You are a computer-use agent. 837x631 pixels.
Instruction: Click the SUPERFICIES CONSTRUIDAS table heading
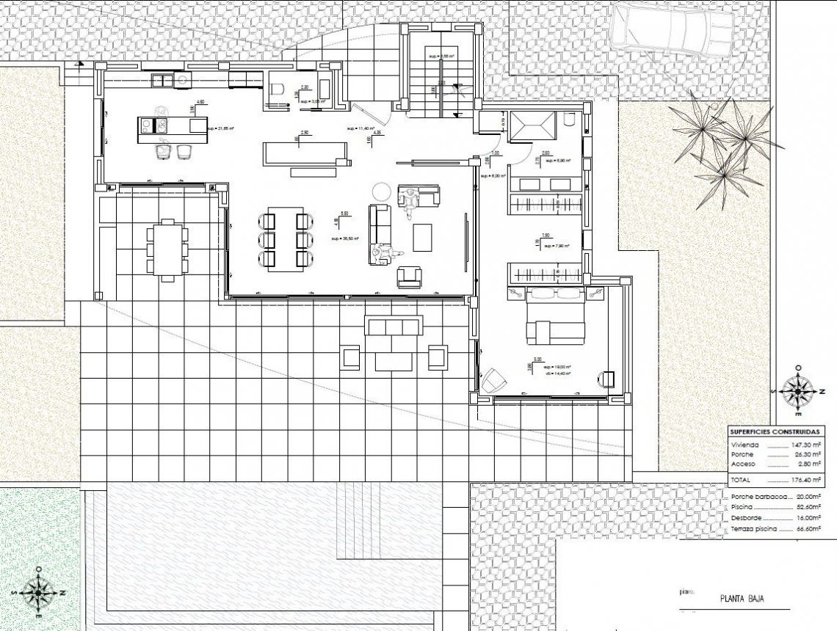(x=774, y=431)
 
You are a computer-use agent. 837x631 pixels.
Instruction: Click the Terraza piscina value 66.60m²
(x=808, y=528)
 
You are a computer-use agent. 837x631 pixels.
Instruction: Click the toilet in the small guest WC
(x=278, y=90)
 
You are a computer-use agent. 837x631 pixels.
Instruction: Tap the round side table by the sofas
(x=381, y=191)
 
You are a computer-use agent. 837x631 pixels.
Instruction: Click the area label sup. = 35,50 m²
(x=344, y=238)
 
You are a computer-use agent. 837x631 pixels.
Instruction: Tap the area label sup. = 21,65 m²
(x=220, y=128)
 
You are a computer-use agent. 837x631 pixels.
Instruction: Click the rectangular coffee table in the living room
(x=423, y=237)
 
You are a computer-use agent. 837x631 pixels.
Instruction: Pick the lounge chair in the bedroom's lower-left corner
(x=492, y=381)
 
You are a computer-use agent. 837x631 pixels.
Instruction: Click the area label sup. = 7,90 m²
(x=557, y=246)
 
